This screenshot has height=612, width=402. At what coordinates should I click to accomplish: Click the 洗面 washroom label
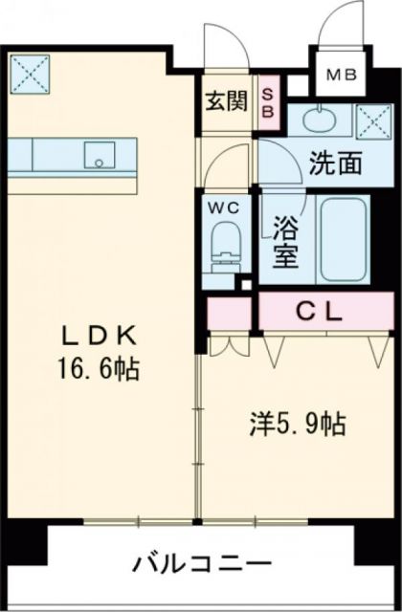coord(335,164)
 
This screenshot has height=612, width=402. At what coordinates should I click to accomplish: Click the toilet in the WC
coord(224,244)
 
